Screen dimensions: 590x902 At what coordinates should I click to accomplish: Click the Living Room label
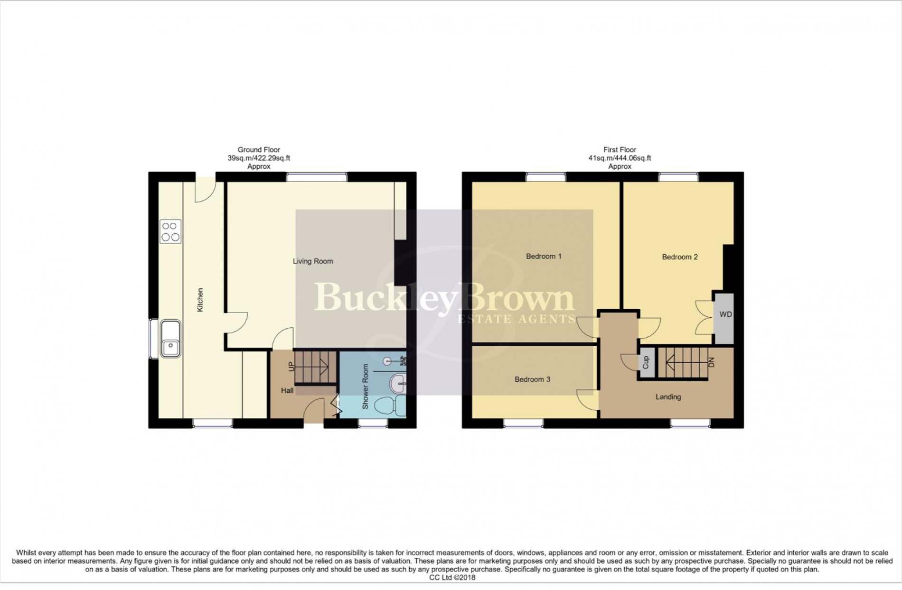[x=312, y=261]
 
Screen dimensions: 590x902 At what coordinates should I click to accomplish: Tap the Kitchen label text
[x=200, y=300]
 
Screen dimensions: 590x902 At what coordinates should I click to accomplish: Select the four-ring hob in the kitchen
[x=170, y=232]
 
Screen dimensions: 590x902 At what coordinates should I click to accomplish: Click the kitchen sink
[x=170, y=338]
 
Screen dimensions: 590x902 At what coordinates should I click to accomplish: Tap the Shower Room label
[x=366, y=387]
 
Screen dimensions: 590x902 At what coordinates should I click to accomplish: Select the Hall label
[x=287, y=390]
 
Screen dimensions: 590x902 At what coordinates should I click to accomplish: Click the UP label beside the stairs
[x=291, y=366]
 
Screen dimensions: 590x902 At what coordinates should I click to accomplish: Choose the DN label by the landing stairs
[x=711, y=363]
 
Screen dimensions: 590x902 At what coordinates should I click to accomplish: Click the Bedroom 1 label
[x=544, y=257]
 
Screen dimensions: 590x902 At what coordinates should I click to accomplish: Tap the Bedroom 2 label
[x=679, y=257]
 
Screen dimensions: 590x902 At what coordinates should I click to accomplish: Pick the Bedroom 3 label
[x=532, y=379]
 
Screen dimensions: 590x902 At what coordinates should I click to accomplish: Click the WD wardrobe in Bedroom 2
[x=725, y=314]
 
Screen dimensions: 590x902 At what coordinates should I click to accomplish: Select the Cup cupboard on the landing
[x=646, y=363]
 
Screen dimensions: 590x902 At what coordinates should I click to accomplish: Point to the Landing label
[x=668, y=397]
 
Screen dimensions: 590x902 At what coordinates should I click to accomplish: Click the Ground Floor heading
[x=259, y=150]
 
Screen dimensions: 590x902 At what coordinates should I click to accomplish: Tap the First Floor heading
[x=620, y=150]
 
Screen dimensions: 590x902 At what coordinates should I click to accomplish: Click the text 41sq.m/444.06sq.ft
[x=620, y=158]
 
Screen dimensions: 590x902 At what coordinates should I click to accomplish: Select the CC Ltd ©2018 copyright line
[x=451, y=577]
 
